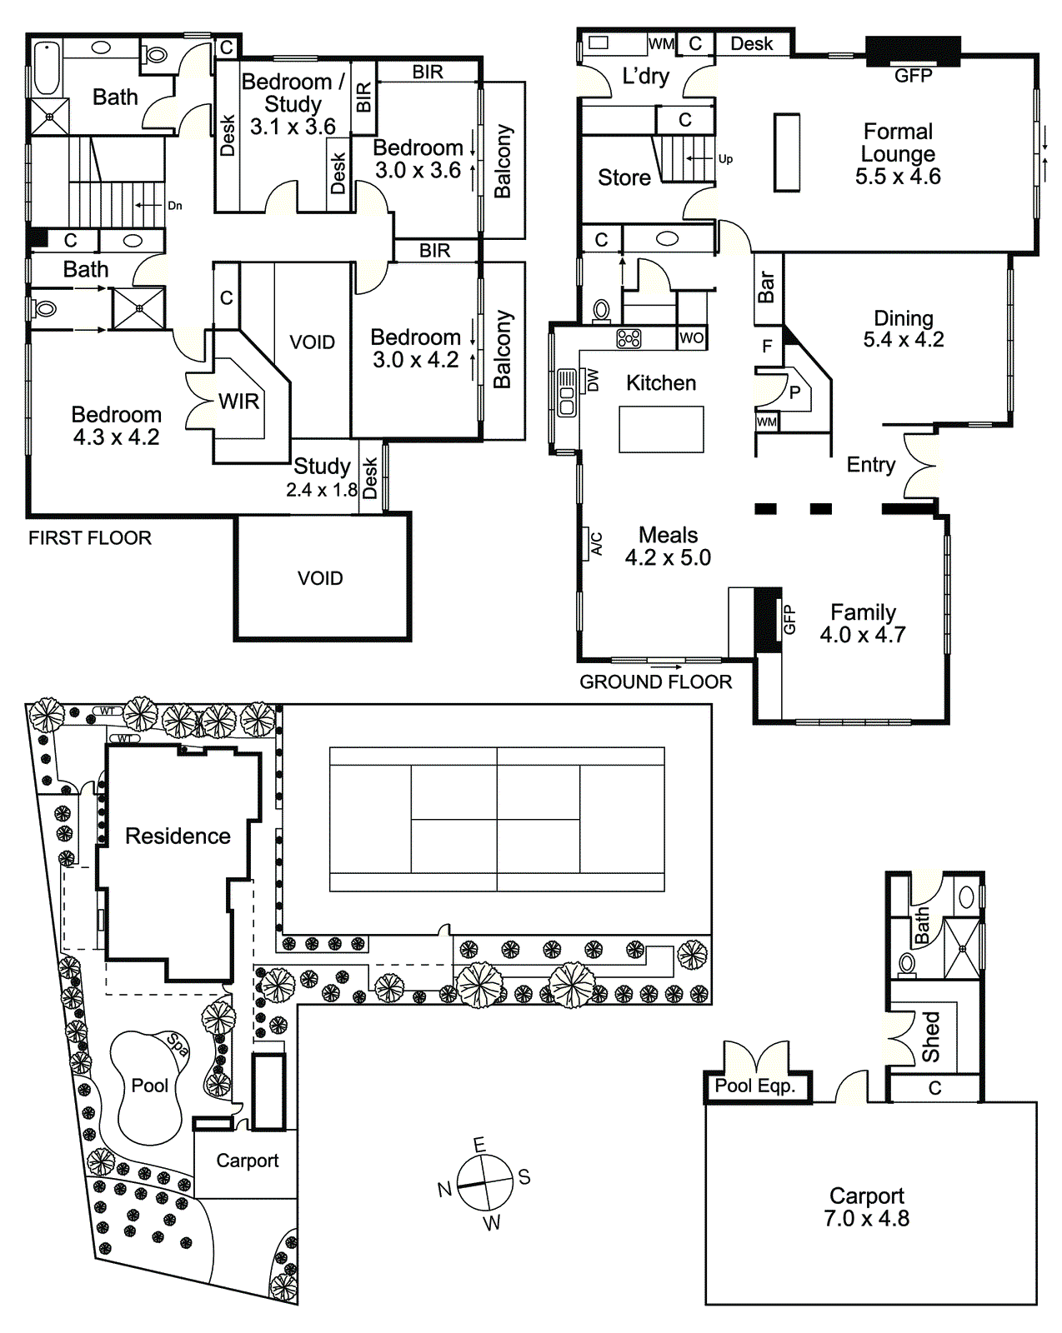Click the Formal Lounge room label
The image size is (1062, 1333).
click(x=898, y=154)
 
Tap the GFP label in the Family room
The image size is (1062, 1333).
click(x=789, y=620)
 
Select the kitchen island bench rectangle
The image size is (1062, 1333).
click(x=661, y=429)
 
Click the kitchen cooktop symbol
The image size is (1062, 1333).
click(x=629, y=338)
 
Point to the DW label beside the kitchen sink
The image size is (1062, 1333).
click(x=593, y=380)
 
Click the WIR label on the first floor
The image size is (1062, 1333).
click(x=238, y=402)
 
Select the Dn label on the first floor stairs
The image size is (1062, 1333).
click(x=174, y=206)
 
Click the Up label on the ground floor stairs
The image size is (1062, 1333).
click(x=725, y=159)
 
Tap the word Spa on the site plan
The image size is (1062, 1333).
click(x=178, y=1044)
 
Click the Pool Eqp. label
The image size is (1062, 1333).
click(x=755, y=1086)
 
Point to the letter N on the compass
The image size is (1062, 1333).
click(x=444, y=1189)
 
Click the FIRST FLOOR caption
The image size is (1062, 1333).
click(x=90, y=538)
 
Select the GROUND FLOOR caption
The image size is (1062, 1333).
click(x=655, y=682)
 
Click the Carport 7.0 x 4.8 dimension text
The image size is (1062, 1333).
click(x=866, y=1219)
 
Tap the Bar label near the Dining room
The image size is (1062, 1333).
click(x=766, y=287)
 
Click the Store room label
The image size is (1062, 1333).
click(x=624, y=177)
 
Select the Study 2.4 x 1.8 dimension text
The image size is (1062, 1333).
click(x=322, y=490)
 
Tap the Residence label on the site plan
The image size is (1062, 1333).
click(x=178, y=836)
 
